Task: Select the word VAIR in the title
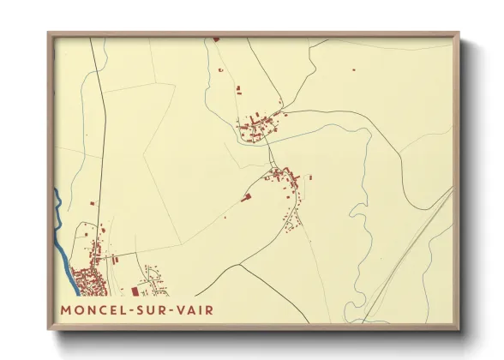coord(195,309)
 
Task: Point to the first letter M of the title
coord(66,309)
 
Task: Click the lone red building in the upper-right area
coord(352,70)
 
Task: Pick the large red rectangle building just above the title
coord(134,291)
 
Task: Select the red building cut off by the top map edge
coord(215,39)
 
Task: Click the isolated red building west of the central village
coord(247,197)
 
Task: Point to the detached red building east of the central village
coord(309,177)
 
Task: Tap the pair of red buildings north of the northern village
coord(238,90)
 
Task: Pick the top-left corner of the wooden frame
coord(49,34)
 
